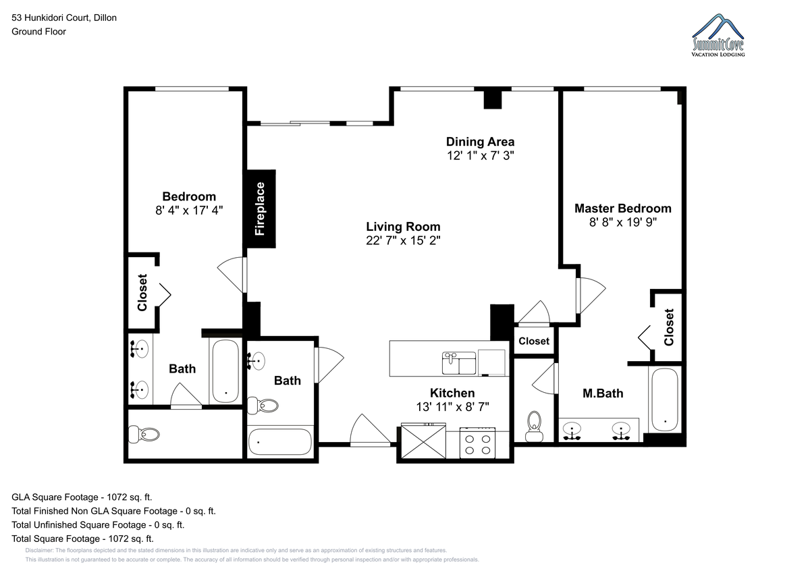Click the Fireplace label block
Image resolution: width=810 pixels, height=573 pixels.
[261, 209]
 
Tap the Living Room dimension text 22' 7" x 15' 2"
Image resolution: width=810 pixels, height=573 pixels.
[403, 240]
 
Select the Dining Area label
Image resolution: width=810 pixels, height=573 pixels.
[480, 141]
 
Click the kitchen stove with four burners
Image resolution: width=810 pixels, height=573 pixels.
[478, 443]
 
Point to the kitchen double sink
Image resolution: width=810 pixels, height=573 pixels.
[459, 363]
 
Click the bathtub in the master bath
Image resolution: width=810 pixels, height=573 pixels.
[665, 400]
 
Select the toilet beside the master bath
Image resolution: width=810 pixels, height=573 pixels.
[535, 427]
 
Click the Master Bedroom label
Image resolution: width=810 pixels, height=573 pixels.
[623, 209]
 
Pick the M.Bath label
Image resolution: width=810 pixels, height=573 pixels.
[603, 393]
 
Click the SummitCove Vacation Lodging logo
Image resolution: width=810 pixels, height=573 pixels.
[718, 35]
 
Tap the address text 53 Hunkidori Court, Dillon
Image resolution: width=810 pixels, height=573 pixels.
[64, 18]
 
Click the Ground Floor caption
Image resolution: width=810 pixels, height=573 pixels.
[38, 32]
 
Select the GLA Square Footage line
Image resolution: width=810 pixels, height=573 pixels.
[82, 497]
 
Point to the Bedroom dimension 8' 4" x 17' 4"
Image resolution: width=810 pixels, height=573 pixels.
[189, 210]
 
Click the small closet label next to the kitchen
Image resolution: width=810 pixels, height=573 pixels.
[534, 341]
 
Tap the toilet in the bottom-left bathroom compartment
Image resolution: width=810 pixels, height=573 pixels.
[144, 434]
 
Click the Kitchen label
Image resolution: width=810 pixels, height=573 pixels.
[452, 393]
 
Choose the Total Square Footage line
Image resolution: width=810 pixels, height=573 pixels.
[82, 539]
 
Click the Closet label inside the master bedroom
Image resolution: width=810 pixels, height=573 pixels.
[669, 327]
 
